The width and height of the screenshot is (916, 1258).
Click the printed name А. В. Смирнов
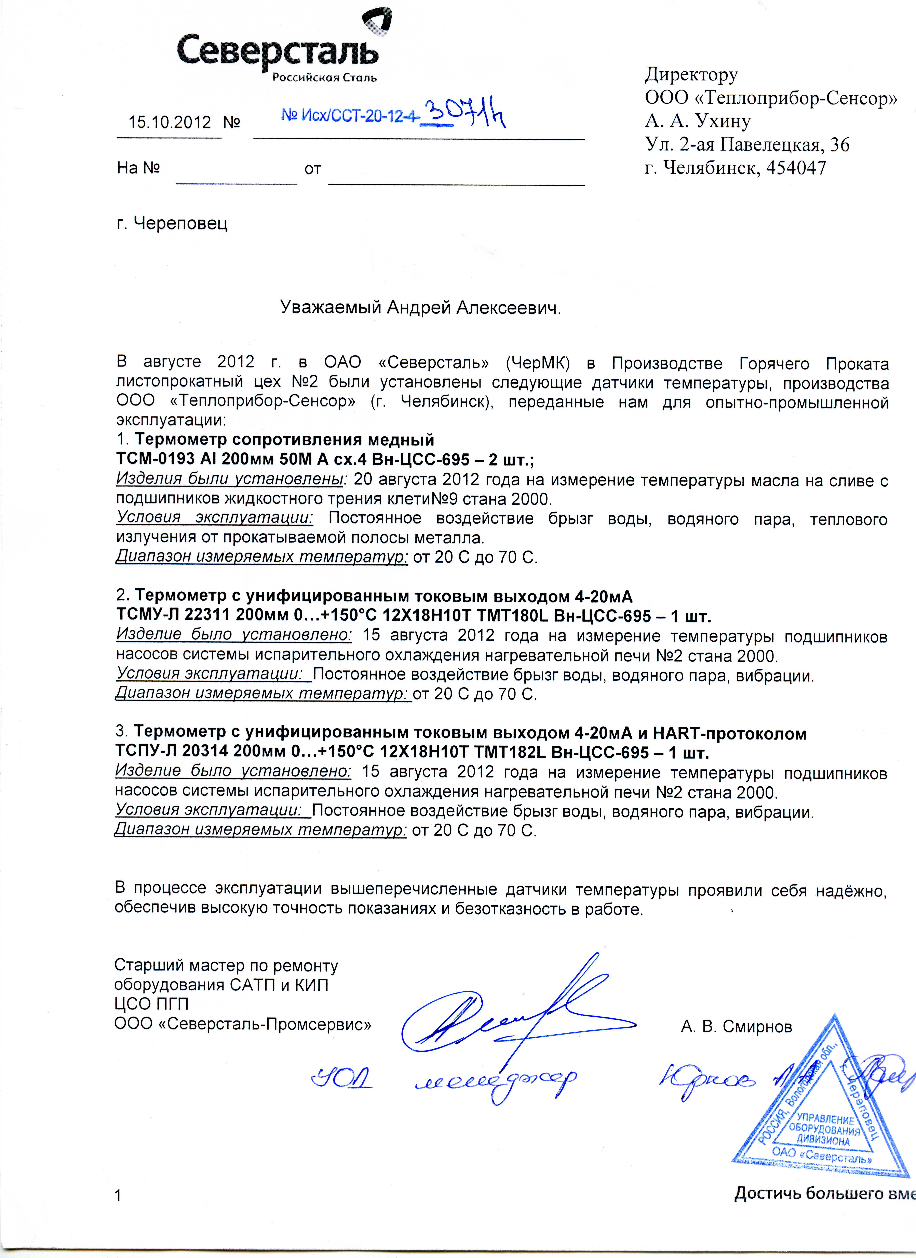(736, 1027)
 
